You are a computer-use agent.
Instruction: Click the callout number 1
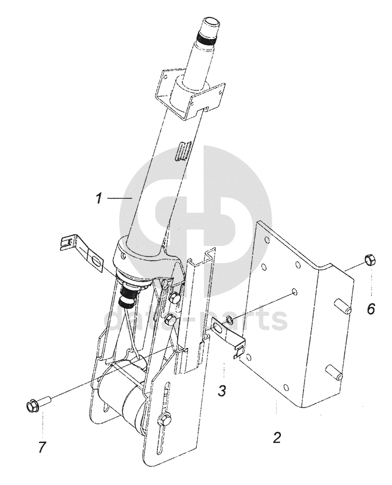click(x=98, y=198)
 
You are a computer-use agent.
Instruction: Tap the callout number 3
click(x=222, y=391)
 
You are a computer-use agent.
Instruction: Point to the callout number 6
click(x=370, y=308)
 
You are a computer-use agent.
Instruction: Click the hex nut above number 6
click(x=370, y=259)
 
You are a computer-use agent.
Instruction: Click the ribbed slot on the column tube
click(x=184, y=151)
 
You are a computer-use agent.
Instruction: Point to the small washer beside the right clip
click(x=229, y=319)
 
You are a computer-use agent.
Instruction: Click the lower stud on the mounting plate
click(x=334, y=372)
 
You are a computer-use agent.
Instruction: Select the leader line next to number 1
click(x=120, y=198)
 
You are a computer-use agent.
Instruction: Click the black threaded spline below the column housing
click(x=128, y=291)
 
